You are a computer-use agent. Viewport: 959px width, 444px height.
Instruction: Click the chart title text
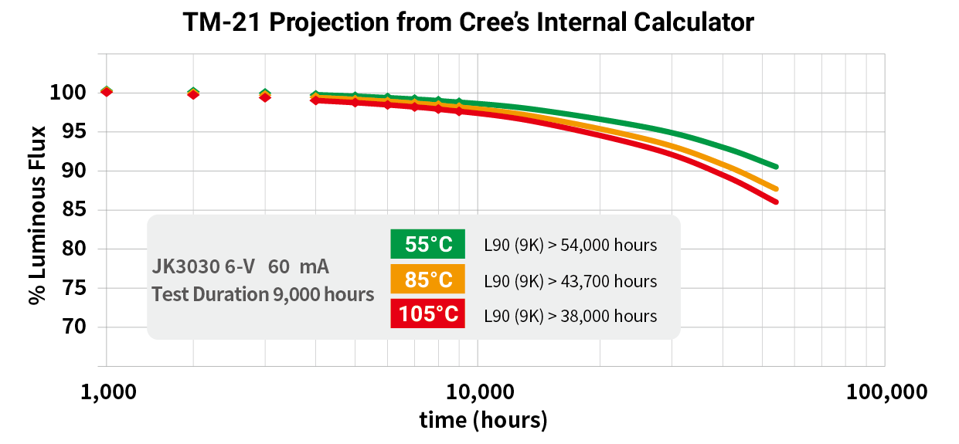pos(468,22)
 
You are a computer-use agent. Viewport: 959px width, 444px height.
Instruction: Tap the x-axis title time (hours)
pos(483,420)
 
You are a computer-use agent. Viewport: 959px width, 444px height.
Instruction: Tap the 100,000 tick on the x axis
pos(885,392)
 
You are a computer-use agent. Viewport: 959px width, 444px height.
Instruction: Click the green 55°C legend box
pos(428,244)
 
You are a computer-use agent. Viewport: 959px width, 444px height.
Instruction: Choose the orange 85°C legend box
pos(428,280)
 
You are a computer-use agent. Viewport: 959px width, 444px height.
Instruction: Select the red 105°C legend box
pos(428,314)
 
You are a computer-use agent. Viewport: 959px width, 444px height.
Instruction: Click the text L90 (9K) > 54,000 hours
pos(570,246)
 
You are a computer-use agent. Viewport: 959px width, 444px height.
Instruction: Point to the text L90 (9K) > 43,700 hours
pos(570,281)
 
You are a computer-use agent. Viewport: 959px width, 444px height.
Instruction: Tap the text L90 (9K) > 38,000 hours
pos(570,316)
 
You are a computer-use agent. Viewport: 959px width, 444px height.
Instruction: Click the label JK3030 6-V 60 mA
pos(240,267)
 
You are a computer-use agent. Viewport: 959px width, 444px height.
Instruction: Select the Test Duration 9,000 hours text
pos(263,294)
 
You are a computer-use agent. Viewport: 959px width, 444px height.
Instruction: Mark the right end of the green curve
pos(776,166)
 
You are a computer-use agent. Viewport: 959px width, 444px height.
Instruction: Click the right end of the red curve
pos(776,202)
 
